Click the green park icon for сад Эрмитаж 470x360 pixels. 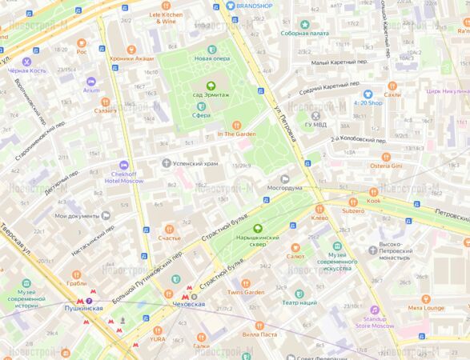tap(211, 85)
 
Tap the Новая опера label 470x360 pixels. tap(212, 58)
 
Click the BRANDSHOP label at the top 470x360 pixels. tap(253, 6)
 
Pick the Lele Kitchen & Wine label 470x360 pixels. tap(166, 18)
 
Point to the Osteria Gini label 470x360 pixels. tap(385, 166)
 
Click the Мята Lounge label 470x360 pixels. tap(426, 307)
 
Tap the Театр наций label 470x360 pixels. tap(299, 303)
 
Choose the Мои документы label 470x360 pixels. tap(77, 216)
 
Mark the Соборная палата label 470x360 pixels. tap(304, 34)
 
